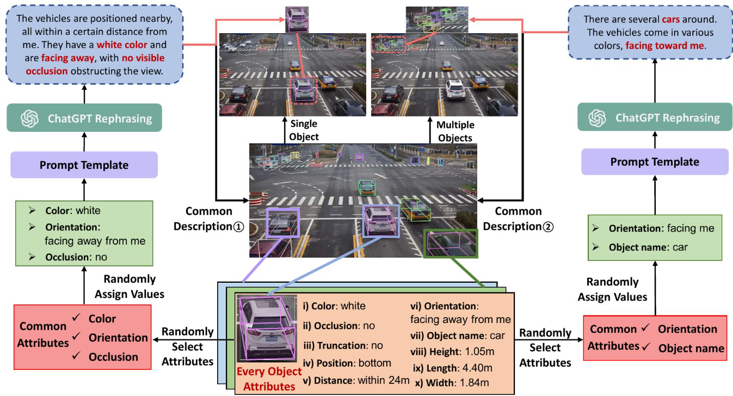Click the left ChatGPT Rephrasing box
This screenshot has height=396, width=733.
coord(84,118)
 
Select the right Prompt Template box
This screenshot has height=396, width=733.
coord(655,162)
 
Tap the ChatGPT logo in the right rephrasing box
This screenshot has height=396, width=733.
coord(598,118)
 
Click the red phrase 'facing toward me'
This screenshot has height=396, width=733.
coord(664,46)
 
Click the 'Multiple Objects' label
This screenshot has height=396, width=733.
coord(455,131)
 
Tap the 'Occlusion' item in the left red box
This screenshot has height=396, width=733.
coord(113,357)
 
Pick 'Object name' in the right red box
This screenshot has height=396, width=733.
coord(691,348)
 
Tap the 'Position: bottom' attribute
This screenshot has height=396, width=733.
coord(347,363)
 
